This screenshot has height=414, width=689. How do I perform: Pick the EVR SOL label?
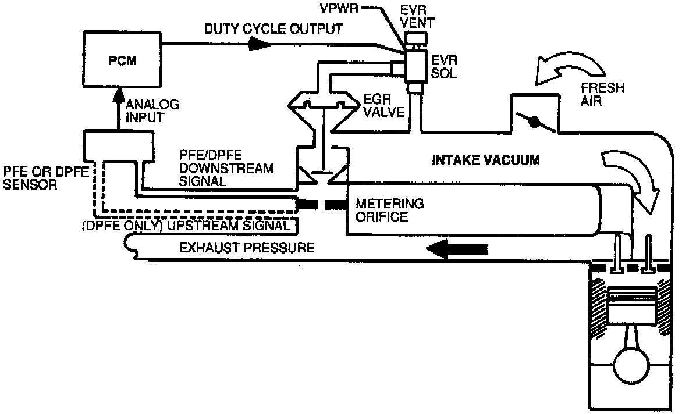pyautogui.click(x=442, y=67)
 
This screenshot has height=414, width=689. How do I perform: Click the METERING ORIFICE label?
pyautogui.click(x=390, y=210)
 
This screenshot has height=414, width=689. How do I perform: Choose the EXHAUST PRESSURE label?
pyautogui.click(x=247, y=248)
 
